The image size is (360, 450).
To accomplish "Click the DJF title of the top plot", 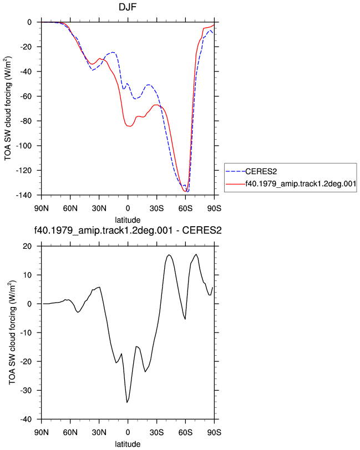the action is click(128, 7).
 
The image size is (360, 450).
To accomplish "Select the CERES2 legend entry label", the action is click(261, 172).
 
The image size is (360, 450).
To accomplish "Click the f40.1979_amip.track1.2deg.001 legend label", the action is click(301, 183).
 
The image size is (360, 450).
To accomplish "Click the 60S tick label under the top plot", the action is click(185, 208).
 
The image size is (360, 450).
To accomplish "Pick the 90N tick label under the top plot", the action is click(42, 208).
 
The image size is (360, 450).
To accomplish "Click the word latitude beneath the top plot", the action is click(128, 220).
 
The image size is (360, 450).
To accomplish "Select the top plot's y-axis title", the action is click(8, 109).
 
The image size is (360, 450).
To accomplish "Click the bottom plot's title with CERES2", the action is click(128, 230).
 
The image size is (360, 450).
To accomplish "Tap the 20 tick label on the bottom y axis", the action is click(28, 246).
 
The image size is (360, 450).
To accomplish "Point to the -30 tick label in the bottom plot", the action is click(26, 390).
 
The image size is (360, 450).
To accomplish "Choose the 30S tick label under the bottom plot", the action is click(156, 432).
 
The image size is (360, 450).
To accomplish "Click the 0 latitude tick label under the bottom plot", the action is click(128, 432).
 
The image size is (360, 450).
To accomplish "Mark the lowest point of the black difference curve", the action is click(127, 402).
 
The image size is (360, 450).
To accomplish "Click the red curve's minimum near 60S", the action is click(185, 191).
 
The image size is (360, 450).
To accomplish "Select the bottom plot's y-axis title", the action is click(12, 333).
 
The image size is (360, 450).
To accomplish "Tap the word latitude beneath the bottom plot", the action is click(128, 444).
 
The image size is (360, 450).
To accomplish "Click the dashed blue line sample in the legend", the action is click(235, 172).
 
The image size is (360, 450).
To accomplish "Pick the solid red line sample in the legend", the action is click(235, 183).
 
